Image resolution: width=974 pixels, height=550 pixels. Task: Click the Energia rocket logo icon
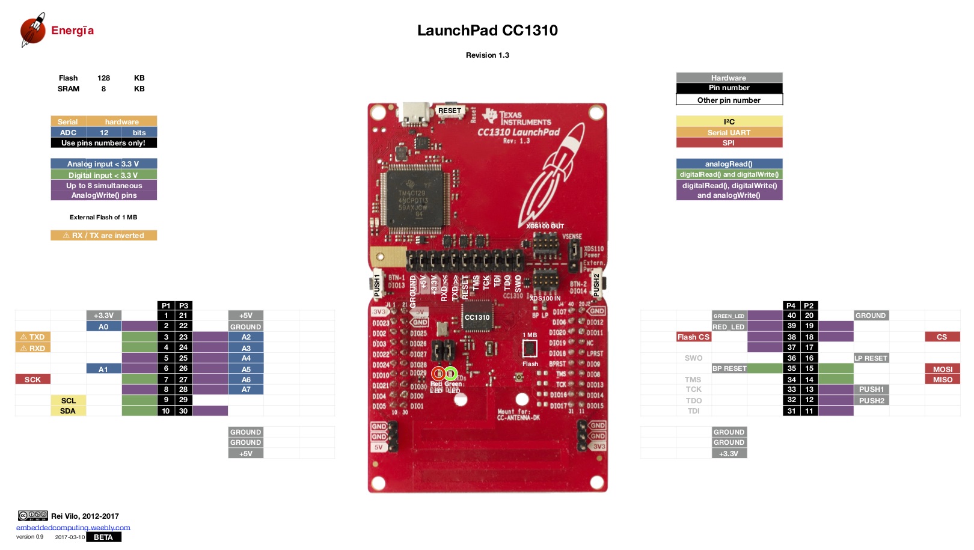pos(33,29)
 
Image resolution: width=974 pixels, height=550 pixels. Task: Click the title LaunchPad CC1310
pos(487,31)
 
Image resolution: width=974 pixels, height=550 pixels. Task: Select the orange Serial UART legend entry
pos(729,132)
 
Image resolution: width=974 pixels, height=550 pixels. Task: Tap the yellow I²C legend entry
pos(729,121)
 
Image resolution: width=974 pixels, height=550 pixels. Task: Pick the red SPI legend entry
pos(729,143)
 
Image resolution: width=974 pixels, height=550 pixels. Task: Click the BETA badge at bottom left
pos(103,537)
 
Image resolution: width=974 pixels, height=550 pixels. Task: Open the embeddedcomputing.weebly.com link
pos(73,528)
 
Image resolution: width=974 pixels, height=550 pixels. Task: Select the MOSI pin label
pos(942,369)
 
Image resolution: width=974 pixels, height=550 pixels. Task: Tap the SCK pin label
pos(32,379)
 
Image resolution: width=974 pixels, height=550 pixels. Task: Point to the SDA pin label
pos(68,411)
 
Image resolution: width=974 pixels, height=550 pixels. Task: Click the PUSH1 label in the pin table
pos(871,390)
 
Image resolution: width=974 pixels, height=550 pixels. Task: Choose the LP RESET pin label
pos(871,358)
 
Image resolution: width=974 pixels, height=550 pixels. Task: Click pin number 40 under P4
pos(791,316)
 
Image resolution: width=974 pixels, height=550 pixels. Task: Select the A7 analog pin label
pos(246,390)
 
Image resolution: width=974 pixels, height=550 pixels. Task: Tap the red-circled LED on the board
pos(438,373)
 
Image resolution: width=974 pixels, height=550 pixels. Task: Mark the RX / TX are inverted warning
pos(103,236)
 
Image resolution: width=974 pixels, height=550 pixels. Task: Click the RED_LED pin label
pos(729,327)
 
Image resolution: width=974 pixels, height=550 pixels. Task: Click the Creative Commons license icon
pos(32,516)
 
